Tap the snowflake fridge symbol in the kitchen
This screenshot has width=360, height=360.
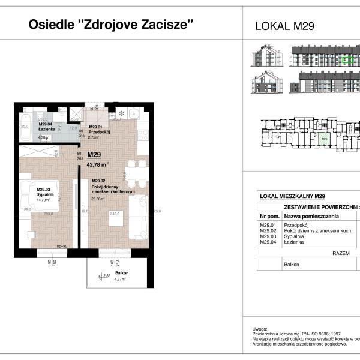click(x=120, y=113)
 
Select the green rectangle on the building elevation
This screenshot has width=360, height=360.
click(x=346, y=59)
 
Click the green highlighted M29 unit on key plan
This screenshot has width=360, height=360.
click(x=325, y=140)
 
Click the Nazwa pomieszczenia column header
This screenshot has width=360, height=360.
click(x=311, y=215)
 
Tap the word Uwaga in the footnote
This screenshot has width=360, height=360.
click(x=260, y=329)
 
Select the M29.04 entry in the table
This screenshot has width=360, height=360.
click(x=269, y=242)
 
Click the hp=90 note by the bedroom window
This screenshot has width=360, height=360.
click(x=61, y=246)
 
